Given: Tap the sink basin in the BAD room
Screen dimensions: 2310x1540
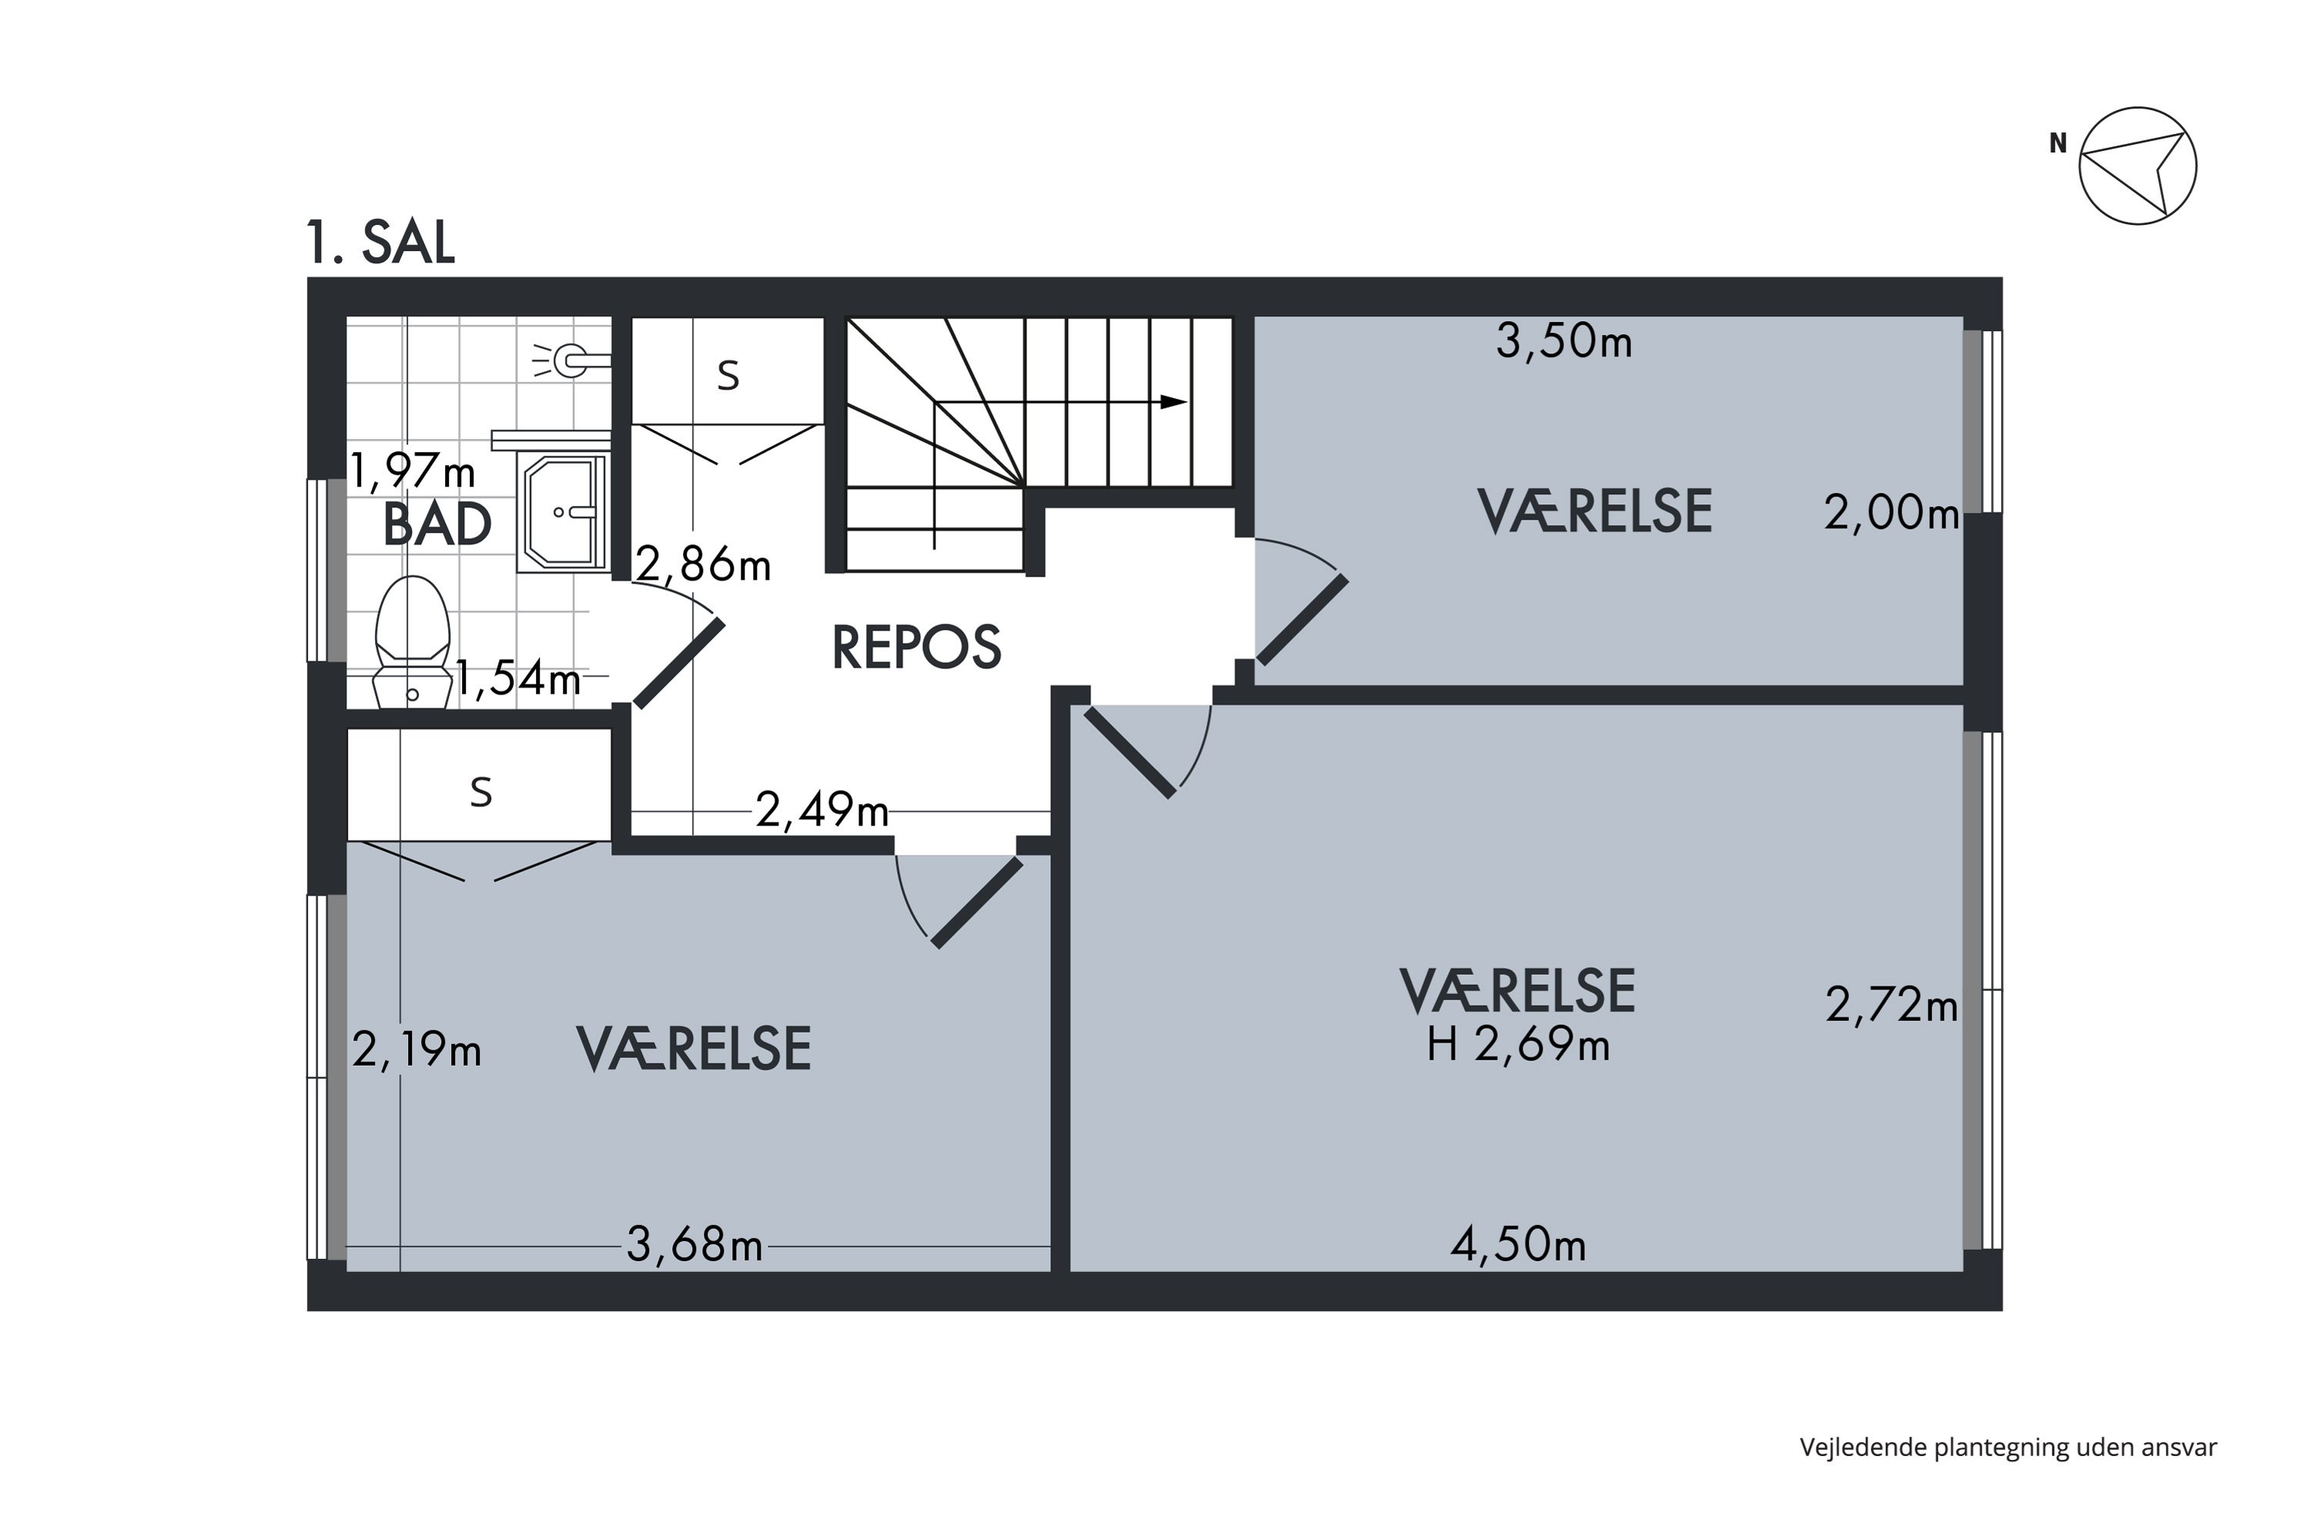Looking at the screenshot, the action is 564,512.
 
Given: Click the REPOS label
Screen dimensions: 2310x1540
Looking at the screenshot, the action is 916,648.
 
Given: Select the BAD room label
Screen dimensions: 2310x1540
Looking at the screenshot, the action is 437,524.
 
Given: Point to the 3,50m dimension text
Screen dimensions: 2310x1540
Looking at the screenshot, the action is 1564,342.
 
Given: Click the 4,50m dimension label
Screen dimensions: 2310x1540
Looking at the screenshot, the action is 1518,1245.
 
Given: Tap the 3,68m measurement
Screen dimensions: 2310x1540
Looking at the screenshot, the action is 695,1245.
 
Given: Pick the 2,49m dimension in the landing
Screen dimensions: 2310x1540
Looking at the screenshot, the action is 822,812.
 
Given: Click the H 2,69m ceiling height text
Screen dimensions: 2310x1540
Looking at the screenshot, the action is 1518,1044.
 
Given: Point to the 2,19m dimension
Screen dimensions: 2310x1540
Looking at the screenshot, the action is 417,1051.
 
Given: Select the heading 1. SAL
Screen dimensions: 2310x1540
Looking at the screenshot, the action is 380,243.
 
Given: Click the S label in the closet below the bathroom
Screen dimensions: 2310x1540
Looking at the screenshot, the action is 480,792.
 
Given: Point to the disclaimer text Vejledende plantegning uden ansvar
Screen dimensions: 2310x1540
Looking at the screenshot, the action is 2008,1447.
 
